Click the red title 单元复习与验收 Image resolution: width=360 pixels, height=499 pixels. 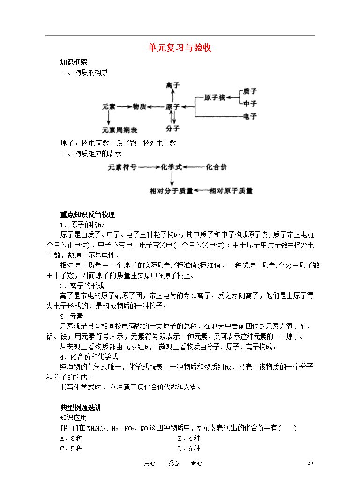[x=180, y=48]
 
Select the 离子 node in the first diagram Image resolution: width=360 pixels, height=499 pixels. [x=173, y=85]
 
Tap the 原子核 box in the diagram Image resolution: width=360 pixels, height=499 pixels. [x=215, y=98]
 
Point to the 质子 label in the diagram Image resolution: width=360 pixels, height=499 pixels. [x=250, y=91]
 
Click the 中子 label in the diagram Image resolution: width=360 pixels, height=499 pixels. [x=250, y=103]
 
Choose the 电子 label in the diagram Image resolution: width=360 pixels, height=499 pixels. [x=250, y=116]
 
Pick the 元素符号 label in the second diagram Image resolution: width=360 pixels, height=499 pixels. [x=122, y=166]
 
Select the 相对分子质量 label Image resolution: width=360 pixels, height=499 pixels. [x=171, y=191]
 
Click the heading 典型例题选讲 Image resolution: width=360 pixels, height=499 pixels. [x=81, y=408]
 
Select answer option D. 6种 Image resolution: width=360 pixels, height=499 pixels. [x=189, y=448]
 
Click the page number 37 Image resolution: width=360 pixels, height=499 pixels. [x=310, y=463]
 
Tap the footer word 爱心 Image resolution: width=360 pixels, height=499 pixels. [x=173, y=463]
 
